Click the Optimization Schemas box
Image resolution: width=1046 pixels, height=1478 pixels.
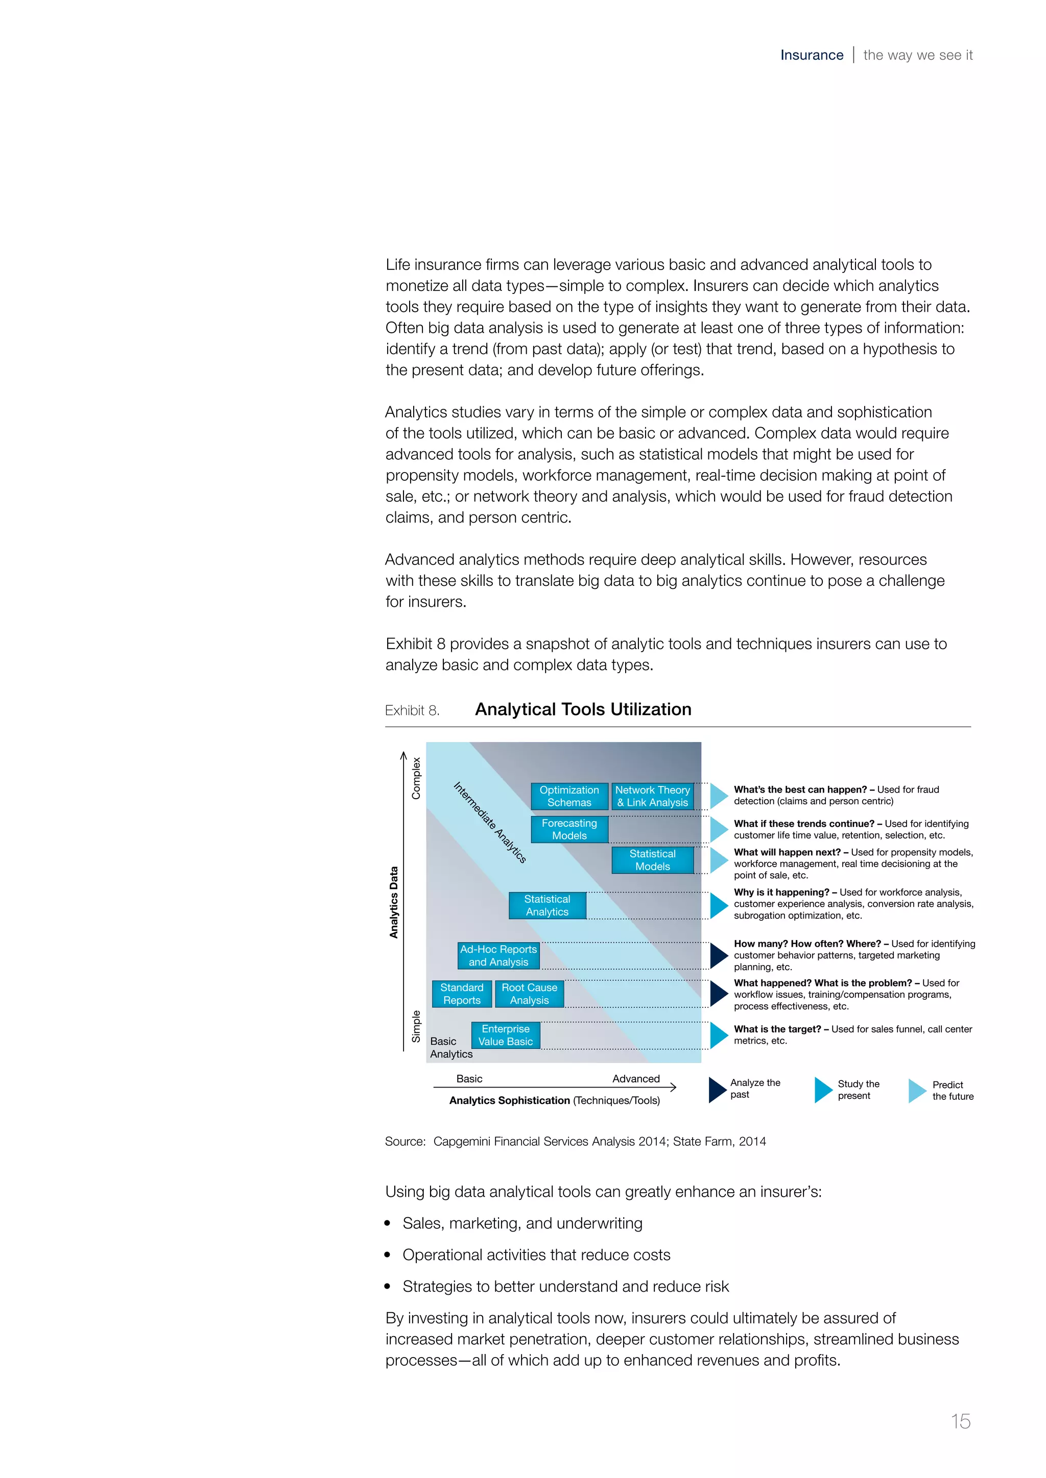point(569,796)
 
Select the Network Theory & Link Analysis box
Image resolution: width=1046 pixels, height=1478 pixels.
point(652,796)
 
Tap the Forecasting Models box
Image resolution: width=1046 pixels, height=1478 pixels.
point(569,829)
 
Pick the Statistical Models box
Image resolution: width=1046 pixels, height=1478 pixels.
point(652,860)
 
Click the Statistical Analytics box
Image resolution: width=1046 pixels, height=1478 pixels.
point(547,905)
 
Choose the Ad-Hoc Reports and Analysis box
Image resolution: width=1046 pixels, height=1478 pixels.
point(498,955)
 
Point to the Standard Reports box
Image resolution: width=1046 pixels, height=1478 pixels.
point(461,994)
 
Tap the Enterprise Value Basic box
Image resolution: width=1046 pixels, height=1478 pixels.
point(505,1035)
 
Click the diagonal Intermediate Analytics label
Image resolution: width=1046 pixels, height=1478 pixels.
point(489,822)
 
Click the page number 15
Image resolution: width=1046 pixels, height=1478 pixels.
point(960,1421)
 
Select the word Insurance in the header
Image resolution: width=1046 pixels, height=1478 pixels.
point(812,55)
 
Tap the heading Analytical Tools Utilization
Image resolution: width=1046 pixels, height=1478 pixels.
point(583,709)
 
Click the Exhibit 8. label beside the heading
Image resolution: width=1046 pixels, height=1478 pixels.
point(412,711)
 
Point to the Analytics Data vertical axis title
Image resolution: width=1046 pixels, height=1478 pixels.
point(394,902)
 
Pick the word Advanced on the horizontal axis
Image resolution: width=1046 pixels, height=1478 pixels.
point(636,1079)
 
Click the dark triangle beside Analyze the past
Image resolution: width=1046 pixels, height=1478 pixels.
point(717,1090)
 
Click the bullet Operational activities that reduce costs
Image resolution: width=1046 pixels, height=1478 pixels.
point(536,1254)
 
